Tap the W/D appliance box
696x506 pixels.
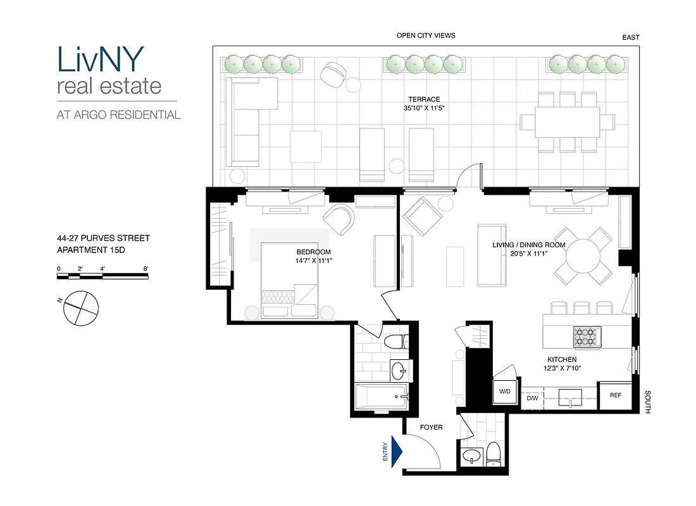tap(505, 392)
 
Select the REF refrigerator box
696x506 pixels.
tap(616, 395)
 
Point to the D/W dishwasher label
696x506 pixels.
tap(532, 398)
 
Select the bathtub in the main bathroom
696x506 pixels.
tap(380, 398)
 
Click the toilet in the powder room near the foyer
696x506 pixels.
tap(494, 452)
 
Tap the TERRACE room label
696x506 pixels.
tap(424, 99)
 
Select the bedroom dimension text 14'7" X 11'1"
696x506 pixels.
tap(314, 261)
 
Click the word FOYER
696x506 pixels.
tap(432, 428)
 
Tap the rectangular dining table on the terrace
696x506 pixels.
tap(568, 121)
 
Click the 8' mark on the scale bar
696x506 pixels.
tap(146, 269)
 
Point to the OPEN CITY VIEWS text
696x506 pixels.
tap(426, 36)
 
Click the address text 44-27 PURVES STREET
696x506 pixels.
tap(103, 238)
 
